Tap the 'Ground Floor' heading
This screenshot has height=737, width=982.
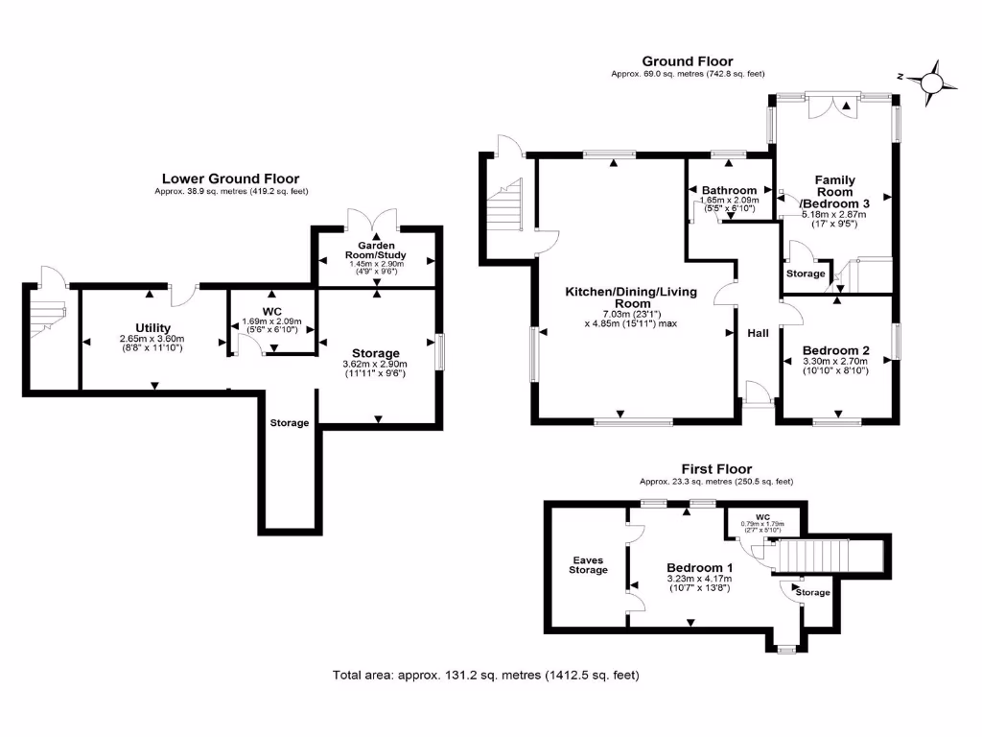[688, 61]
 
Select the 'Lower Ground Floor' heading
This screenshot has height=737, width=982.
[230, 178]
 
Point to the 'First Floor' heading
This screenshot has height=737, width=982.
[716, 468]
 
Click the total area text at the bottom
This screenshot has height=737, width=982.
[485, 675]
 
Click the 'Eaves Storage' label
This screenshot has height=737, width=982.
[588, 564]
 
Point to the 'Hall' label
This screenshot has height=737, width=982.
[759, 333]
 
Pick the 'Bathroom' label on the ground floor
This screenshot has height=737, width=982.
[729, 190]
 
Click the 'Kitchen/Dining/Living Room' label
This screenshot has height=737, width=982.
[630, 297]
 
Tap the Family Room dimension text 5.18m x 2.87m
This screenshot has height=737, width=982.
[834, 215]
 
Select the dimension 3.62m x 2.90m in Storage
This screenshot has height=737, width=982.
[375, 364]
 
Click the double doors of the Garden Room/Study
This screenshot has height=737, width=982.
[375, 219]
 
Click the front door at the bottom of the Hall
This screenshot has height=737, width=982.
[758, 393]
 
